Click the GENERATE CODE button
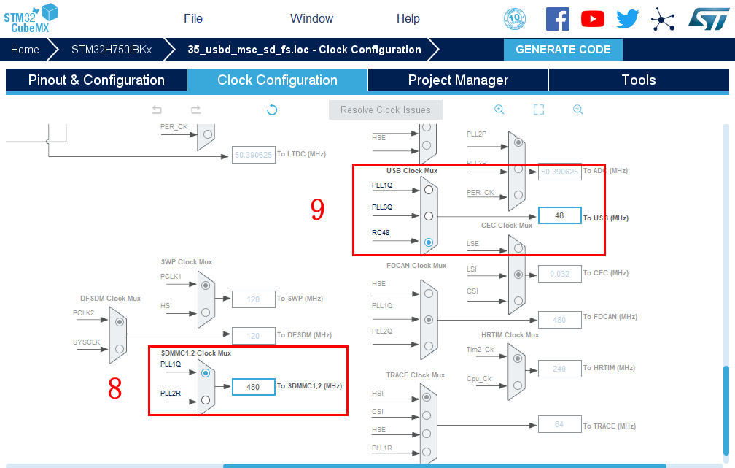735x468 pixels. click(563, 50)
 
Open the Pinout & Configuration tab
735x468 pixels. click(96, 80)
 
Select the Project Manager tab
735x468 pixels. click(458, 80)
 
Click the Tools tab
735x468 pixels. click(638, 80)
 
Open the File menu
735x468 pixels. click(193, 18)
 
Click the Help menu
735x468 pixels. click(408, 18)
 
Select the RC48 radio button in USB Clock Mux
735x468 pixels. click(429, 242)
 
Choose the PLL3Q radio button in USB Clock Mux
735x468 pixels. click(429, 216)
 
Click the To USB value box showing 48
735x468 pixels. click(559, 216)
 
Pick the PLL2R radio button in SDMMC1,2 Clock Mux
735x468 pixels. click(206, 399)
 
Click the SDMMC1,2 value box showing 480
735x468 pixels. click(253, 387)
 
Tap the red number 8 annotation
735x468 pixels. click(114, 389)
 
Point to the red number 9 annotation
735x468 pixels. click(317, 210)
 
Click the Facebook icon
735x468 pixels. click(558, 19)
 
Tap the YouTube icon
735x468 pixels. click(592, 19)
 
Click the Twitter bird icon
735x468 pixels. click(627, 19)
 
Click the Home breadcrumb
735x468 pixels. click(25, 50)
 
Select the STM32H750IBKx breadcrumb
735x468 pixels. click(111, 50)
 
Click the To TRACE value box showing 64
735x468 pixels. click(559, 424)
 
